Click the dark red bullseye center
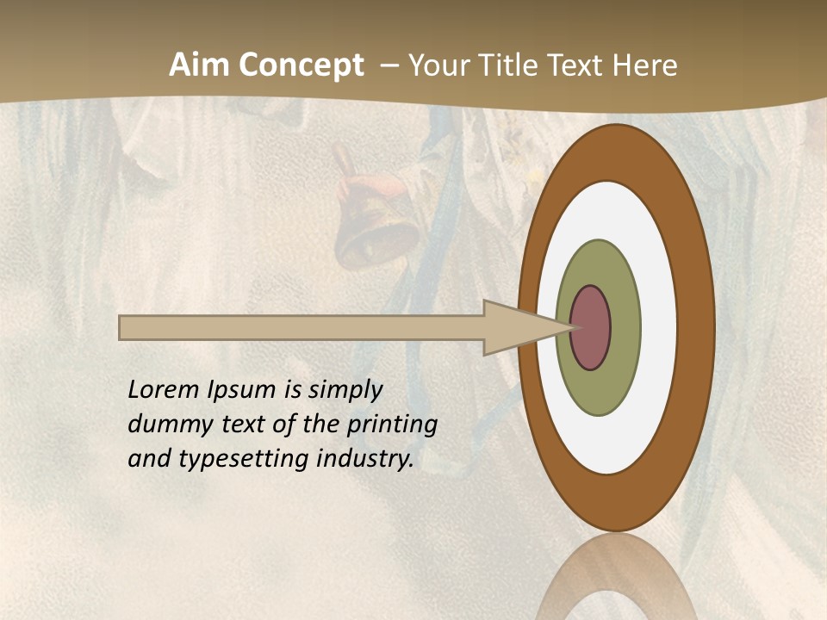590,328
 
